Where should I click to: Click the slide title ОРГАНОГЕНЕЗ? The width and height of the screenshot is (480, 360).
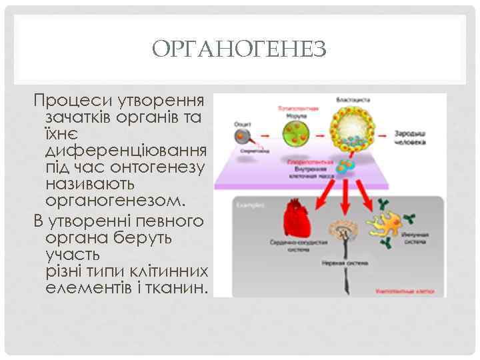click(x=239, y=49)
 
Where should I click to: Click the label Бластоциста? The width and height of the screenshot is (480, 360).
click(x=354, y=101)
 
